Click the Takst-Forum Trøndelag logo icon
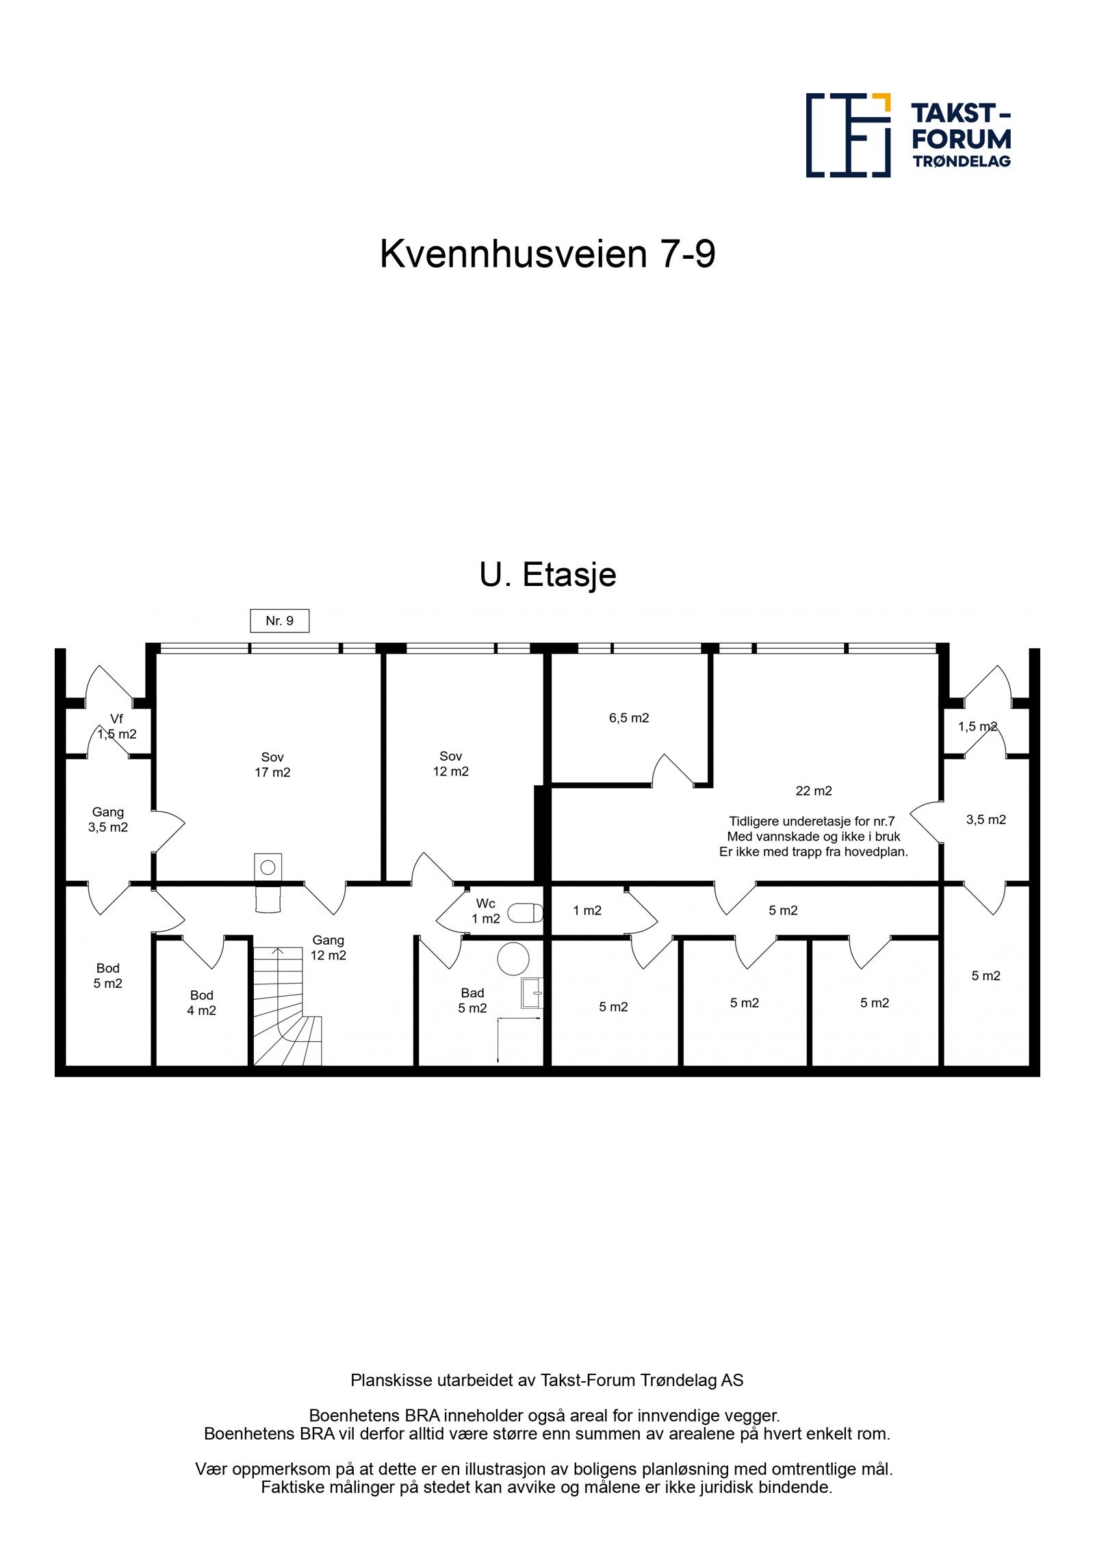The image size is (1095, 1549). point(847,135)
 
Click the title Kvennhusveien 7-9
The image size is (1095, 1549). point(547,255)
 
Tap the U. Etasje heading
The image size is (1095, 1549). point(547,575)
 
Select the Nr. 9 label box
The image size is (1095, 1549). point(279,621)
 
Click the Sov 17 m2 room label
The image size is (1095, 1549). point(272,765)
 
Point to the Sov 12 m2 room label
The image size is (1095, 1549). point(450,764)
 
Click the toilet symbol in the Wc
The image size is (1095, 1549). point(526,912)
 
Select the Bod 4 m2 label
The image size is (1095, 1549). point(201,1003)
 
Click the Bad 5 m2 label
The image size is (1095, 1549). point(472,1000)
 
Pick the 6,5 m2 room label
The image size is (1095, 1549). point(629,718)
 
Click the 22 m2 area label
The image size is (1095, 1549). point(814,791)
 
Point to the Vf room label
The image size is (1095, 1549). point(116,719)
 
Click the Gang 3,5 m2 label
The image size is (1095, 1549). point(107,819)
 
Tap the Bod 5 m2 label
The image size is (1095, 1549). point(107,975)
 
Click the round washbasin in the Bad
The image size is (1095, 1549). point(513,958)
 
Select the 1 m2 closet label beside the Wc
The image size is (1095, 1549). point(587,910)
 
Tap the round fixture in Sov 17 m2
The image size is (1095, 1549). point(268,867)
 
